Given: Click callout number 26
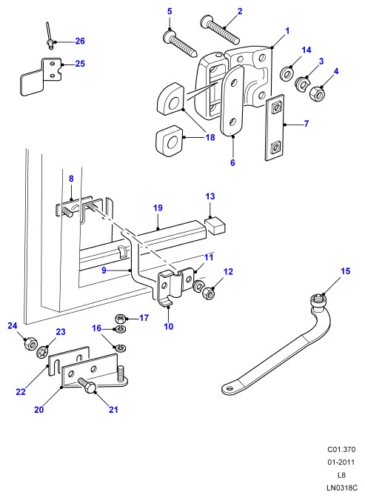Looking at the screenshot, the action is click(80, 41).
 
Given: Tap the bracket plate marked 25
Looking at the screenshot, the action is click(41, 76).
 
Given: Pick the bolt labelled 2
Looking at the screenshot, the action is click(220, 30).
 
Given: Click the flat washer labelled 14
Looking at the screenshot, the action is click(287, 73).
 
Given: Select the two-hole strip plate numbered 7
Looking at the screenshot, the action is click(275, 127).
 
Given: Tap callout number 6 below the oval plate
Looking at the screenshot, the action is click(232, 162).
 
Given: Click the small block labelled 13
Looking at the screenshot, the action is click(215, 225).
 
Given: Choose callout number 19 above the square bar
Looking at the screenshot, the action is click(158, 208).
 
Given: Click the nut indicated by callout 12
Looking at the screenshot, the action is click(208, 293).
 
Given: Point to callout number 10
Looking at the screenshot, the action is click(169, 326).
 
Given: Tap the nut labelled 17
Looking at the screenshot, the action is click(120, 318).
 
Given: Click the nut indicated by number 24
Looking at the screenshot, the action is click(30, 343).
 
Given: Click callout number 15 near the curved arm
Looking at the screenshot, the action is click(345, 271).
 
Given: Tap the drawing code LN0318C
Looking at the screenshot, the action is click(342, 488).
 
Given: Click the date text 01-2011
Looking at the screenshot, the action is click(341, 462).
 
